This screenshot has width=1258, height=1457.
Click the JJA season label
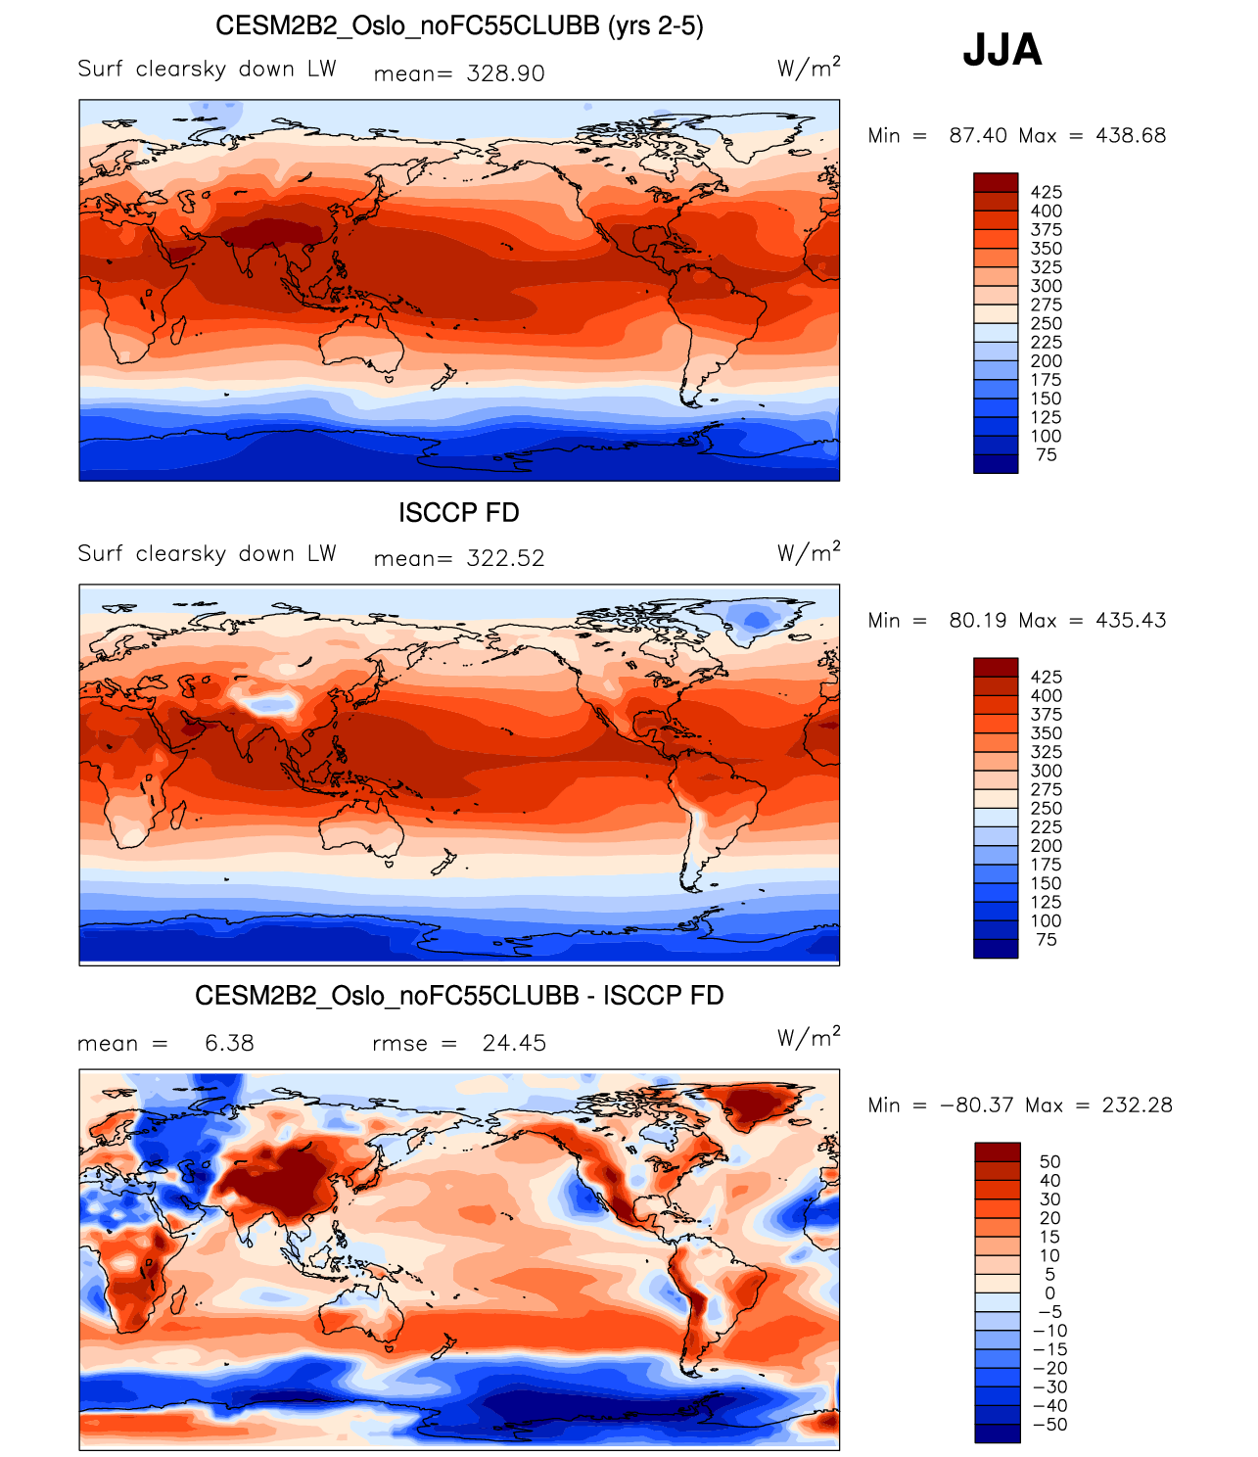point(1002,50)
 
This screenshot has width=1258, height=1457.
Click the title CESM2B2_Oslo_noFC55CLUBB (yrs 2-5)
point(459,25)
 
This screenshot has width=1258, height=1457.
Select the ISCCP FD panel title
point(459,512)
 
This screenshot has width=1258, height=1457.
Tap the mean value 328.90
point(505,73)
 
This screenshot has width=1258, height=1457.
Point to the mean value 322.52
point(505,558)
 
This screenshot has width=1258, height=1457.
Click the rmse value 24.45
point(514,1043)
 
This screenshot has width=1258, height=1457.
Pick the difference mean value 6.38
point(229,1043)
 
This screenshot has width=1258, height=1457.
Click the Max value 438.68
point(1131,135)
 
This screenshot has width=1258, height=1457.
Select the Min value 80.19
point(978,620)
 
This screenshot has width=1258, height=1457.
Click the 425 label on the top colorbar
point(1046,192)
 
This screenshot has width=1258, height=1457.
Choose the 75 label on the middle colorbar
point(1046,939)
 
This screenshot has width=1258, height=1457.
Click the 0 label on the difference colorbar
point(1049,1292)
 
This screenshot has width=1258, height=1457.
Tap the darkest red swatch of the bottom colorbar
point(997,1151)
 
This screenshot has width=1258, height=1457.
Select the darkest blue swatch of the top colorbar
point(996,464)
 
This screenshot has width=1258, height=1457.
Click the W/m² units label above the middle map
point(809,552)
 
